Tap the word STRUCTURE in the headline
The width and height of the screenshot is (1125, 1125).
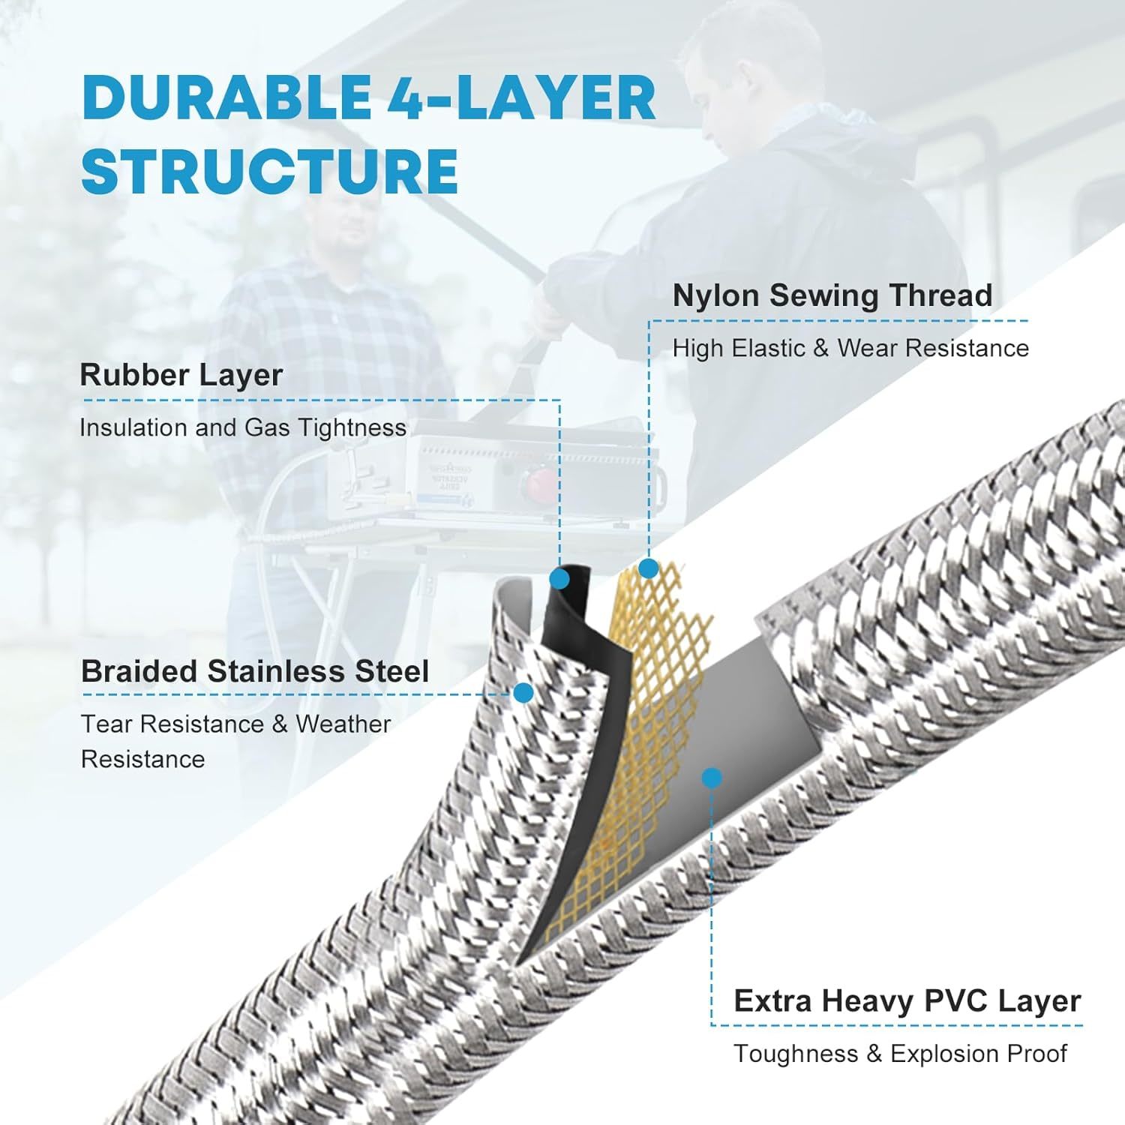click(x=270, y=171)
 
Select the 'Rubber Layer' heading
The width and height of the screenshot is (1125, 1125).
click(x=181, y=376)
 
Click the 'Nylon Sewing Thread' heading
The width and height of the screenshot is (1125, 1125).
click(x=832, y=295)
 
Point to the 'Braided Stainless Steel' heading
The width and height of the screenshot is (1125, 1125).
click(x=255, y=671)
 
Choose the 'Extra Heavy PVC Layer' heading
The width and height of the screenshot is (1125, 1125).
click(x=907, y=1001)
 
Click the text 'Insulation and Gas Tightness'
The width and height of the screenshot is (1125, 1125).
click(x=243, y=428)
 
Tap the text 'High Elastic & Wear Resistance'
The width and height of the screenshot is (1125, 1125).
click(x=850, y=349)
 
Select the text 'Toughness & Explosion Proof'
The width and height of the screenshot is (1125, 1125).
click(x=900, y=1054)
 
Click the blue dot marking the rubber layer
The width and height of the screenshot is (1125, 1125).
click(x=559, y=578)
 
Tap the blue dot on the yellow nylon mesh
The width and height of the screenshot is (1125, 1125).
click(x=648, y=568)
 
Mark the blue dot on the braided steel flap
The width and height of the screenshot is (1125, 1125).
click(x=523, y=693)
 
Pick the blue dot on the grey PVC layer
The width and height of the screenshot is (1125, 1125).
click(x=712, y=778)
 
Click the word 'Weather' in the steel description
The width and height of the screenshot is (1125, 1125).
click(x=343, y=724)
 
